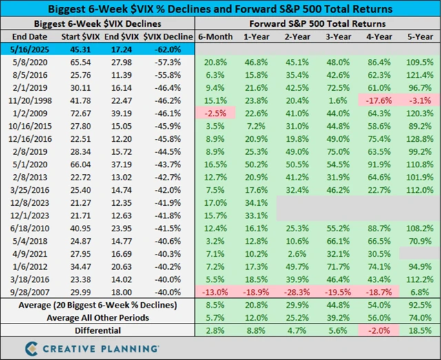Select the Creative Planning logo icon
(32, 346)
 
